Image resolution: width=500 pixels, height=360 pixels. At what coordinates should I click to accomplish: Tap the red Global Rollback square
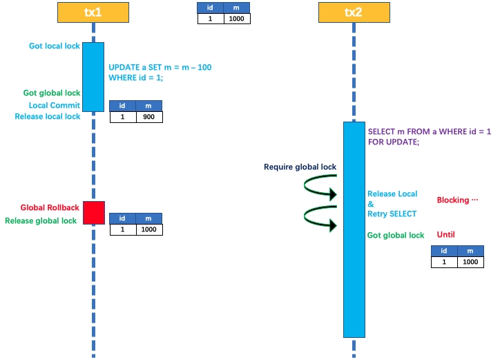(x=94, y=213)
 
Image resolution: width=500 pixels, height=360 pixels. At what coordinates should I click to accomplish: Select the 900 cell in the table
(x=149, y=117)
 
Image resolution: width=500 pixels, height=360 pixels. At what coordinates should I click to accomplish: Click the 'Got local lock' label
(x=55, y=46)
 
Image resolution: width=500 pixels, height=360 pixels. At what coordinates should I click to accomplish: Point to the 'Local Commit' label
(x=55, y=106)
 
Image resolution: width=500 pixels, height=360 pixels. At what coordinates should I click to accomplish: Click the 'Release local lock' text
(x=48, y=117)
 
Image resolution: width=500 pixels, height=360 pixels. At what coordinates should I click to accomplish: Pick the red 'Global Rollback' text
(x=50, y=208)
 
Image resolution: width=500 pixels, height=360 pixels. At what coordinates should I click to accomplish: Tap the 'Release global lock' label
(x=41, y=221)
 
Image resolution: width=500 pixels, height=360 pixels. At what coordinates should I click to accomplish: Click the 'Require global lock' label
(x=300, y=167)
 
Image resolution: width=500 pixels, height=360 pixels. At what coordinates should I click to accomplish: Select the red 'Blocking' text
(x=457, y=200)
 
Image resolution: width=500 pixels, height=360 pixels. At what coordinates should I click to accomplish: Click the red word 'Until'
(x=446, y=234)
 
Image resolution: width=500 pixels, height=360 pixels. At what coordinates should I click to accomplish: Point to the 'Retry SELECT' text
(x=392, y=214)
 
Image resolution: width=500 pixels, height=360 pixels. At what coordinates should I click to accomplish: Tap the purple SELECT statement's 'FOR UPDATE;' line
(x=394, y=142)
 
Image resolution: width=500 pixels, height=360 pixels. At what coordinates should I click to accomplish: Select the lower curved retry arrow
(x=320, y=218)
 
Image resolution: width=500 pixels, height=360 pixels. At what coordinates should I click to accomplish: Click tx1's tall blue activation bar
(x=93, y=76)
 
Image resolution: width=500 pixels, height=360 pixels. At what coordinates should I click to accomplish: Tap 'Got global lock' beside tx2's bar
(x=396, y=236)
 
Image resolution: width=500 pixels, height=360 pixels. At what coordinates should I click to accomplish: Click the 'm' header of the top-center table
(x=237, y=8)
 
